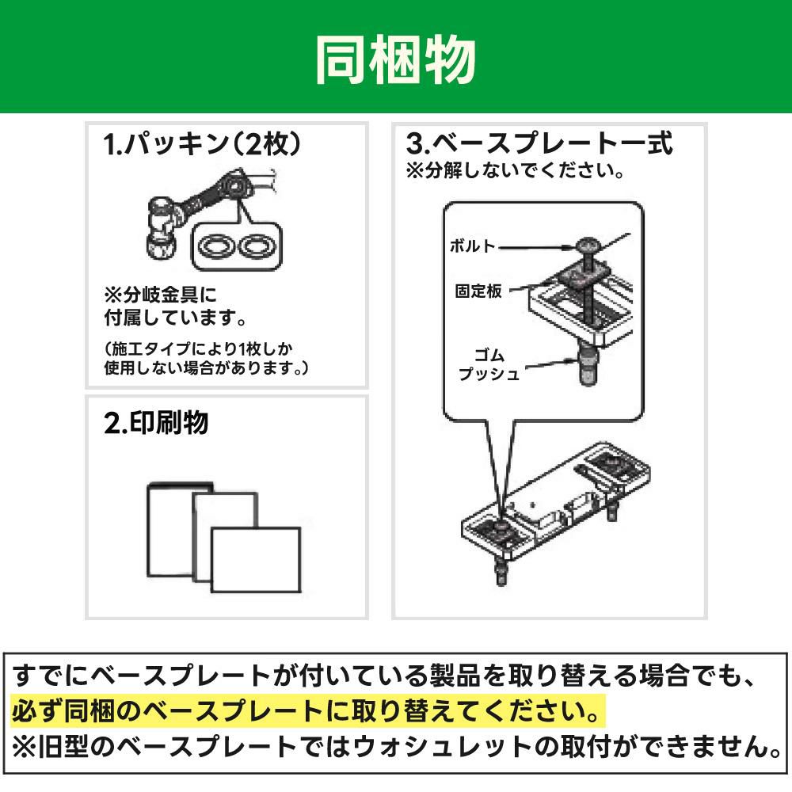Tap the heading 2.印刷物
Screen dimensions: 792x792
156,423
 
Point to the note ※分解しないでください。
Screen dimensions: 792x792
514,170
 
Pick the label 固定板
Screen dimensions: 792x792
478,291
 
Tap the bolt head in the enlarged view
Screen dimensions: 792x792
589,246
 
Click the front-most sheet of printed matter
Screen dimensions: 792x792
255,560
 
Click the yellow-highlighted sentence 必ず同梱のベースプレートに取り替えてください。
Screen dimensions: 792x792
307,710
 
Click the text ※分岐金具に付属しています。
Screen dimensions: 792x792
174,306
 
